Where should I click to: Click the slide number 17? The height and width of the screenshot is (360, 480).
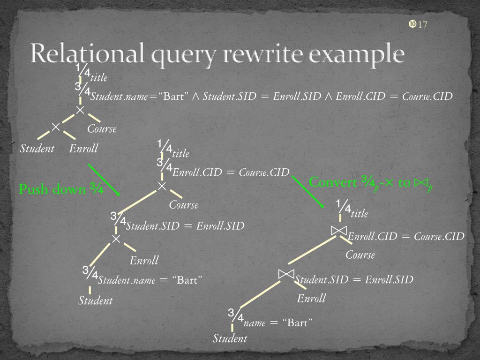point(422,25)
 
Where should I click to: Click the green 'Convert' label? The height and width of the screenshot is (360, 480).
point(333,182)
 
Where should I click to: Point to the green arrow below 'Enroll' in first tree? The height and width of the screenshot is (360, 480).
point(104,180)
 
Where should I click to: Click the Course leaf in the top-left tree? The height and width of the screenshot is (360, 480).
point(102,128)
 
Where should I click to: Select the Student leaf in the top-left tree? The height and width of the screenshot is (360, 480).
point(37,149)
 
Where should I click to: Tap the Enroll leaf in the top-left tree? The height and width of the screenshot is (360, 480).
point(83,149)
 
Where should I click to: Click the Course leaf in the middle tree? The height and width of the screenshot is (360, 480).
point(184,205)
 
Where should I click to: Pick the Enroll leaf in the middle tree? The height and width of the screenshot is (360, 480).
point(144,260)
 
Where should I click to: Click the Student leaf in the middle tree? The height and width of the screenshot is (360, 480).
point(95,300)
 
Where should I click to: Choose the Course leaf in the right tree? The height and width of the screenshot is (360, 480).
point(360,255)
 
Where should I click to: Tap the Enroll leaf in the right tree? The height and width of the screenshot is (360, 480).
point(311,298)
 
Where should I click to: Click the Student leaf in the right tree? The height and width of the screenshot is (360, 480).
point(230,338)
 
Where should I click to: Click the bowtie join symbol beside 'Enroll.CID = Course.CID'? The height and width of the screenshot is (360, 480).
point(338,231)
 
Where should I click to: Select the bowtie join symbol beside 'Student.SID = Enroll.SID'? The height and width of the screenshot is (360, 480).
point(286,274)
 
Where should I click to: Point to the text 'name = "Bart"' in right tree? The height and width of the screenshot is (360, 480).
point(278,323)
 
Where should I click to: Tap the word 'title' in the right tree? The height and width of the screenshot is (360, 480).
point(359,214)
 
